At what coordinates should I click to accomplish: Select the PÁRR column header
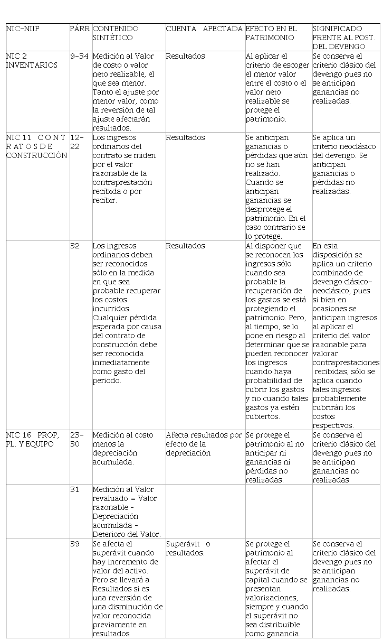pos(80,29)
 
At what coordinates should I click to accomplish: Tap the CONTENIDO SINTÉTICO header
pos(116,33)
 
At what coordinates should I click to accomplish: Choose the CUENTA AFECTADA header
pos(204,29)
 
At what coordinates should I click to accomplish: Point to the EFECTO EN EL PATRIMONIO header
pos(271,33)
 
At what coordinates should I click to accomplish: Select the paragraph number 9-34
pos(79,56)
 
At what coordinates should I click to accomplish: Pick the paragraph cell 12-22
pos(78,142)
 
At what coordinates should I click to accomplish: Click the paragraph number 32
pos(74,246)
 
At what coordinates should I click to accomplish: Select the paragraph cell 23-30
pos(77,439)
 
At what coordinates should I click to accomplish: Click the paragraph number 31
pos(74,489)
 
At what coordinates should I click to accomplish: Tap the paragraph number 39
pos(74,544)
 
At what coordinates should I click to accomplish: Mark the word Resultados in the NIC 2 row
pos(185,56)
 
